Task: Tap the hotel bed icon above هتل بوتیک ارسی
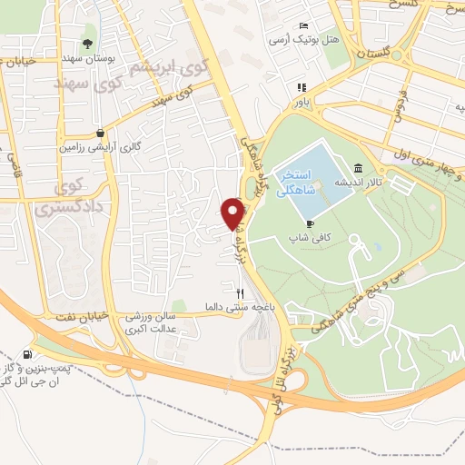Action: pyautogui.click(x=305, y=25)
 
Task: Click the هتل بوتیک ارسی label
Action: pyautogui.click(x=302, y=40)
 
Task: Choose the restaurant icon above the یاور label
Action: pyautogui.click(x=300, y=88)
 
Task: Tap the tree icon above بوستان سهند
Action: pyautogui.click(x=87, y=44)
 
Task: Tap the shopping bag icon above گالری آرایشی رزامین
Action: pyautogui.click(x=99, y=132)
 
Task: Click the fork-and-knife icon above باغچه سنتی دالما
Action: pyautogui.click(x=241, y=292)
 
